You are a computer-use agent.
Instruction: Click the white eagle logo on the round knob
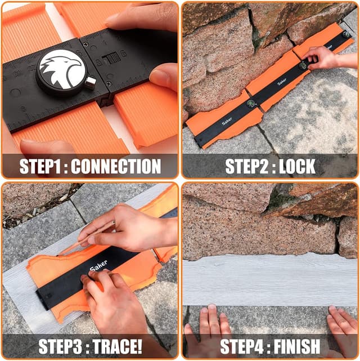click(62, 69)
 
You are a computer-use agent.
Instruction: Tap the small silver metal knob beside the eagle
click(89, 83)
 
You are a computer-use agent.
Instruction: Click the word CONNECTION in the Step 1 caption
click(116, 167)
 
